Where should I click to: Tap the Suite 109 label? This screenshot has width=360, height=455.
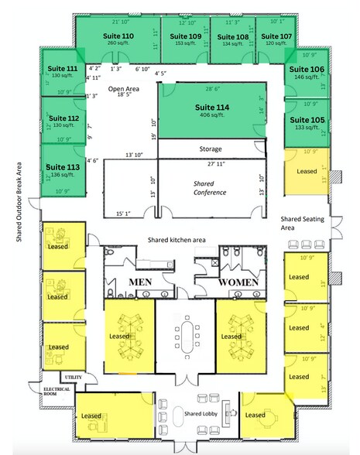click(185, 36)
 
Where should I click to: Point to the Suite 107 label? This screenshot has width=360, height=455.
click(275, 36)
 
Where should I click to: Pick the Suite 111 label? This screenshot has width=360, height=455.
click(61, 69)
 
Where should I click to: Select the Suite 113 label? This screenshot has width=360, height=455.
click(61, 166)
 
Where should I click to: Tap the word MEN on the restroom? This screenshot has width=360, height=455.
click(139, 283)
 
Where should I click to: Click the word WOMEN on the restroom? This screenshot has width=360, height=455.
click(237, 283)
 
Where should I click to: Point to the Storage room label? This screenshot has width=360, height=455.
click(210, 149)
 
